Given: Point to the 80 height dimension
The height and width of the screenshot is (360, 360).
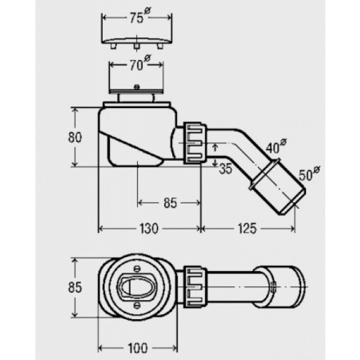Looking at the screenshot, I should pos(74,137).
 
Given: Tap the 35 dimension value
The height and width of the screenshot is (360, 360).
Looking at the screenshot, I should pos(224,169).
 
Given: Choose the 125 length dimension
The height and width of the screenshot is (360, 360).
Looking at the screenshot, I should pos(247,229).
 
